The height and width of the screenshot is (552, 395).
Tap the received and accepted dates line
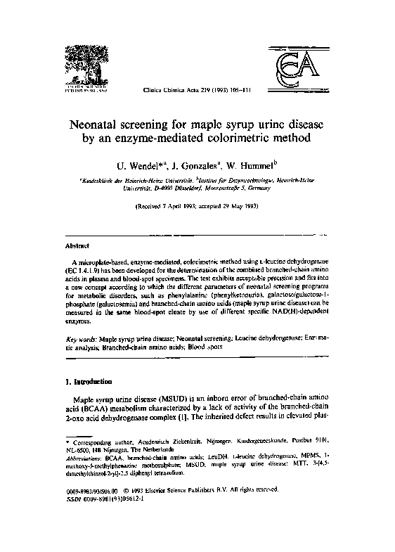[197, 209]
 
